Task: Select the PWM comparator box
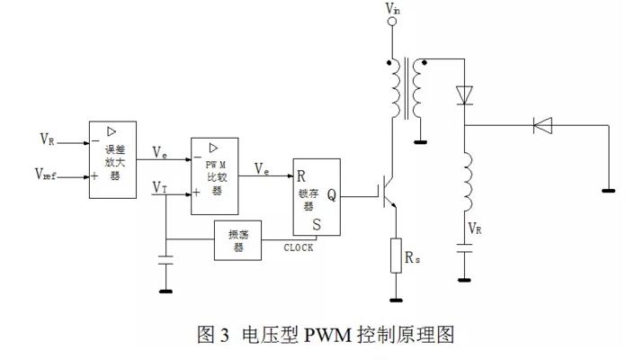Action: pos(215,176)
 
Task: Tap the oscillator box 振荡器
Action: pos(237,241)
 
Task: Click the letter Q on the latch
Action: pos(332,193)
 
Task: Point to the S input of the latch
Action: pos(317,222)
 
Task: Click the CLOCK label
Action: pos(299,247)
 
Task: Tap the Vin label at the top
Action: pos(393,8)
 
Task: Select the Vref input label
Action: pos(48,174)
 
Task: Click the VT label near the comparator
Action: pos(159,187)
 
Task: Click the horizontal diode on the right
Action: pos(541,126)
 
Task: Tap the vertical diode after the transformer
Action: pos(464,93)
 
